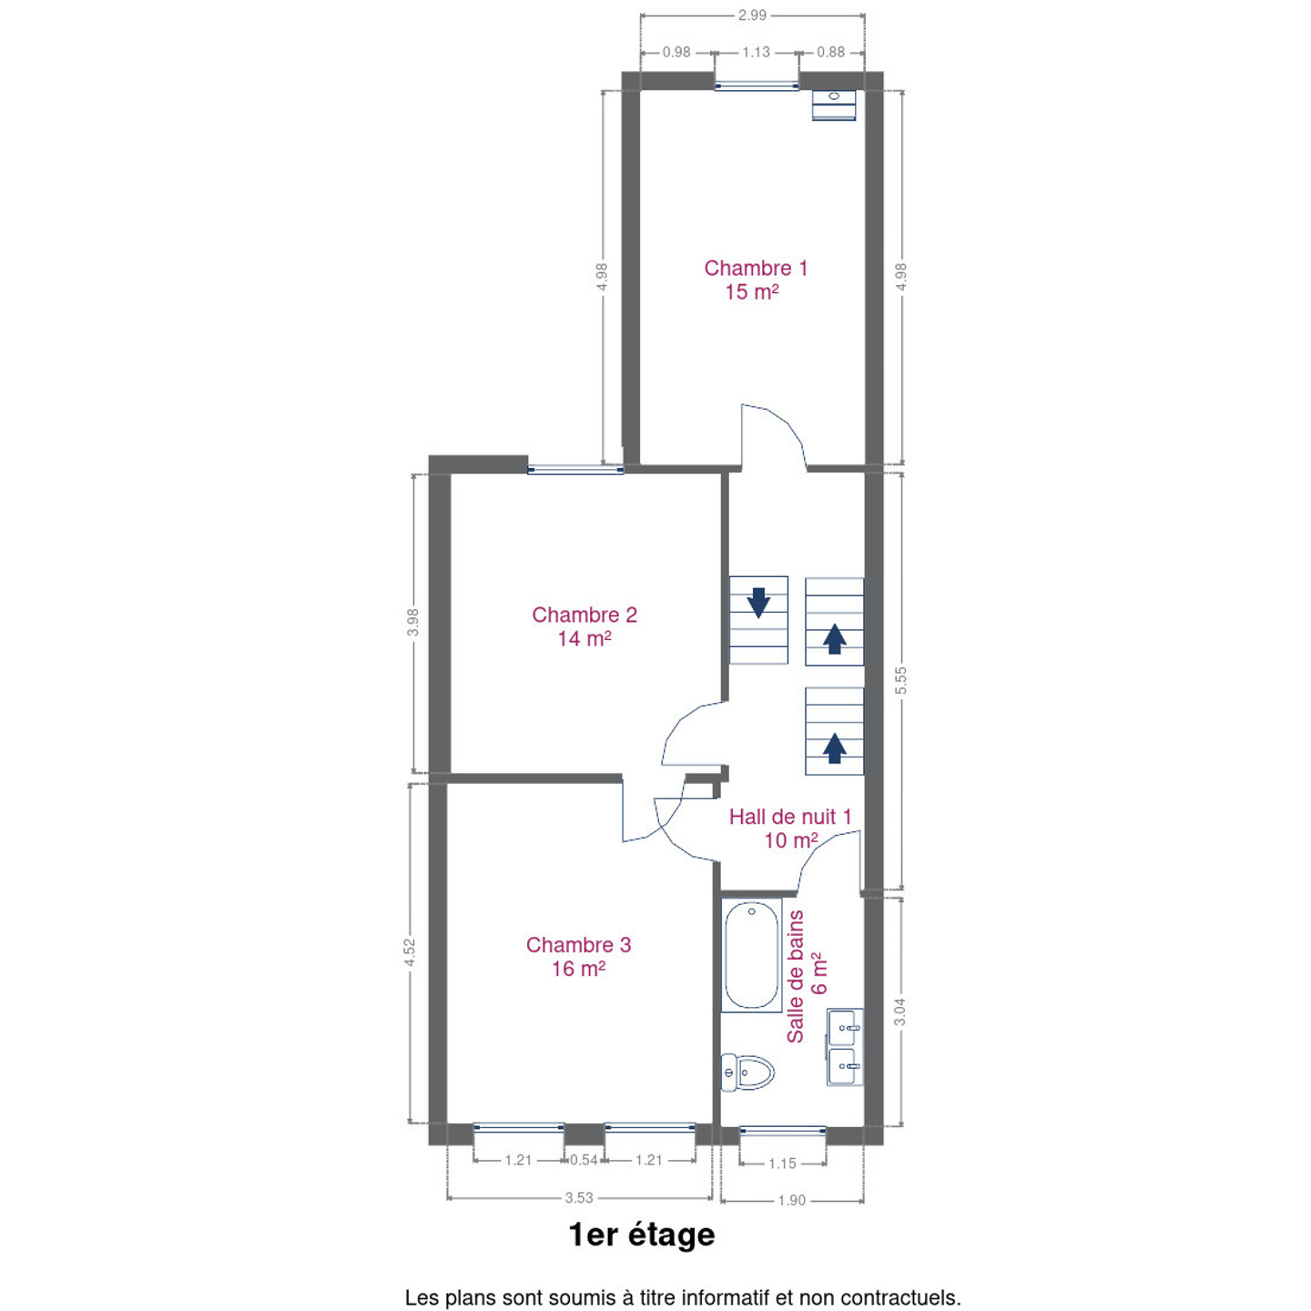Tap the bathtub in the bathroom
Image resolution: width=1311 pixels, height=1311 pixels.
tap(751, 954)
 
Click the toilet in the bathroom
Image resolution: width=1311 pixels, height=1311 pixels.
tap(747, 1072)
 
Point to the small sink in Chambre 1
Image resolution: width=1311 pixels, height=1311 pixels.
tap(833, 106)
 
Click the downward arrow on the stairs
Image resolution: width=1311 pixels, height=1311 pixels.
tap(757, 602)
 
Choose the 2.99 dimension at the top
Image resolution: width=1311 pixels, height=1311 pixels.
tap(752, 15)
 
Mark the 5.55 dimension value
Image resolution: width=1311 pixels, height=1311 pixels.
tap(900, 680)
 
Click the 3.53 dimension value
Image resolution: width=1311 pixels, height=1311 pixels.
tap(579, 1197)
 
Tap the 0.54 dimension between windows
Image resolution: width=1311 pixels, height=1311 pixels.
tap(584, 1160)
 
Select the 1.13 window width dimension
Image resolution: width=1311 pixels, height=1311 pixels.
tap(756, 53)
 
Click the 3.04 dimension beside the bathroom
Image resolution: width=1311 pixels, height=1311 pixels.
tap(899, 1011)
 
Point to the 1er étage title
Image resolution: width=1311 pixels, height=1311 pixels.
tap(642, 1235)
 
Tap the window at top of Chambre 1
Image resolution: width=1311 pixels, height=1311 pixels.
tap(756, 86)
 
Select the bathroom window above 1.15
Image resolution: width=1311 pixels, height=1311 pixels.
tap(782, 1131)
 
